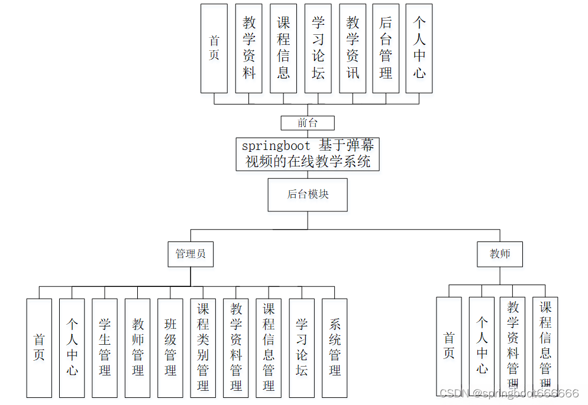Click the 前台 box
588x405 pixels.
point(308,123)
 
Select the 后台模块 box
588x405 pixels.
point(308,194)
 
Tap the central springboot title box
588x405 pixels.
point(308,154)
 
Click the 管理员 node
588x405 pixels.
point(190,254)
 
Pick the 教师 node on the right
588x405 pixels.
point(500,254)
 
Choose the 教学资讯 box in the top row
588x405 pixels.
point(353,48)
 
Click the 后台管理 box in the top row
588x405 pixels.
point(386,48)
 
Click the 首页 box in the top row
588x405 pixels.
point(214,48)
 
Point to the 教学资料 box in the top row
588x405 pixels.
point(249,48)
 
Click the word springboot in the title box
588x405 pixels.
point(276,146)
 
